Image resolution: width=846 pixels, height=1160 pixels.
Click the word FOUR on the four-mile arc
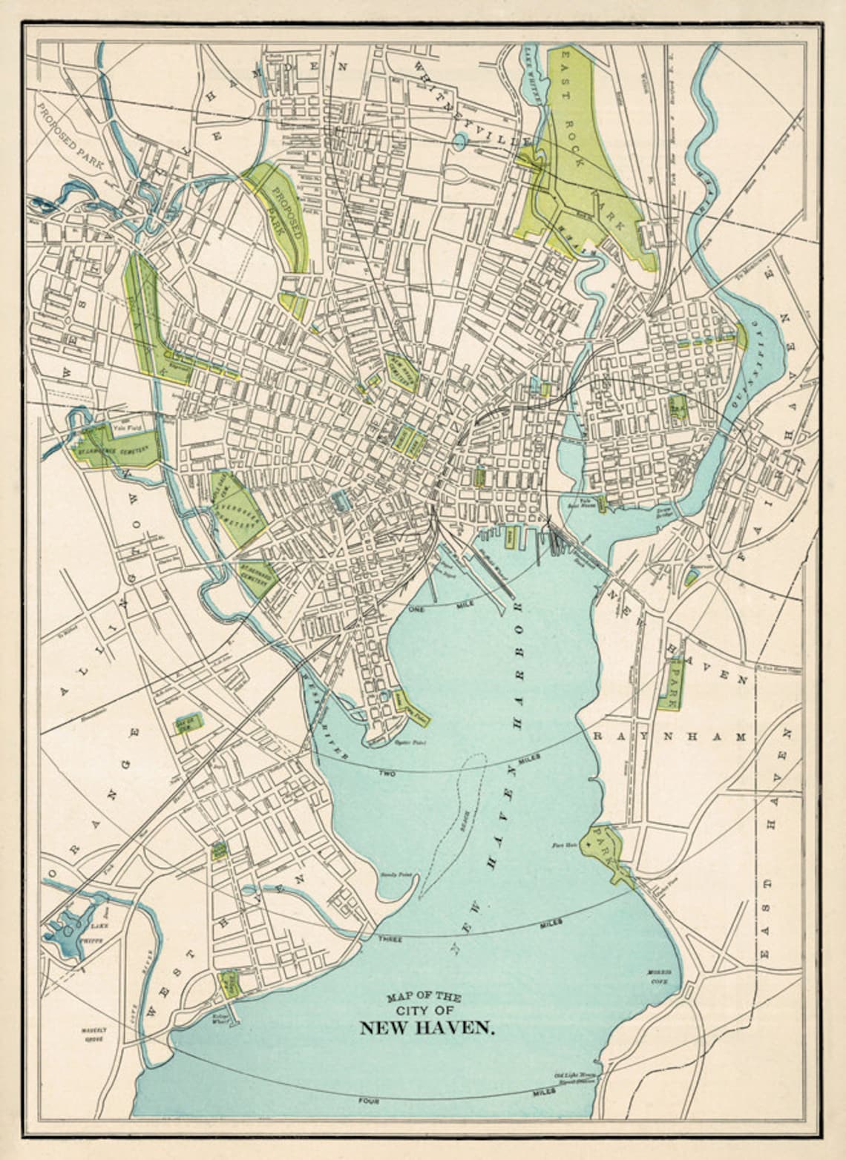tap(367, 1101)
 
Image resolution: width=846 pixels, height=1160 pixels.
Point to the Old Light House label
tap(574, 1075)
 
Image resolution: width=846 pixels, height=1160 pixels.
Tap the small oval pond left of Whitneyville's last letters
tap(460, 139)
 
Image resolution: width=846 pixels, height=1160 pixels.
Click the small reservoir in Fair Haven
tap(690, 576)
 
